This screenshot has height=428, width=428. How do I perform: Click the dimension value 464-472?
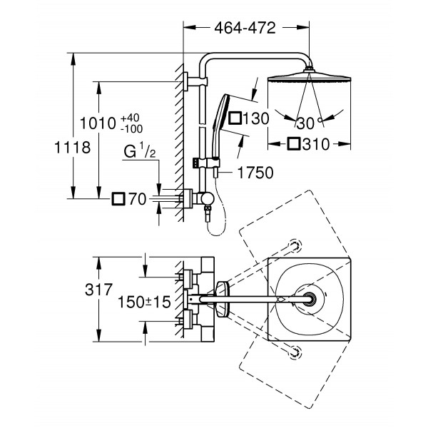[x=245, y=29]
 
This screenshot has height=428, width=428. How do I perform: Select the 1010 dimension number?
[x=97, y=122]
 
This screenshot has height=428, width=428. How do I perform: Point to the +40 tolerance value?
[x=131, y=116]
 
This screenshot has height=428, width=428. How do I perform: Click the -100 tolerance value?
[x=131, y=128]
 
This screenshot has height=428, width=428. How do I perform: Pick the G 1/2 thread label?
[x=139, y=151]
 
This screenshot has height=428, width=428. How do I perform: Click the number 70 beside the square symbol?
[x=137, y=199]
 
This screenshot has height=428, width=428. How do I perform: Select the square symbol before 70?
[x=119, y=199]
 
